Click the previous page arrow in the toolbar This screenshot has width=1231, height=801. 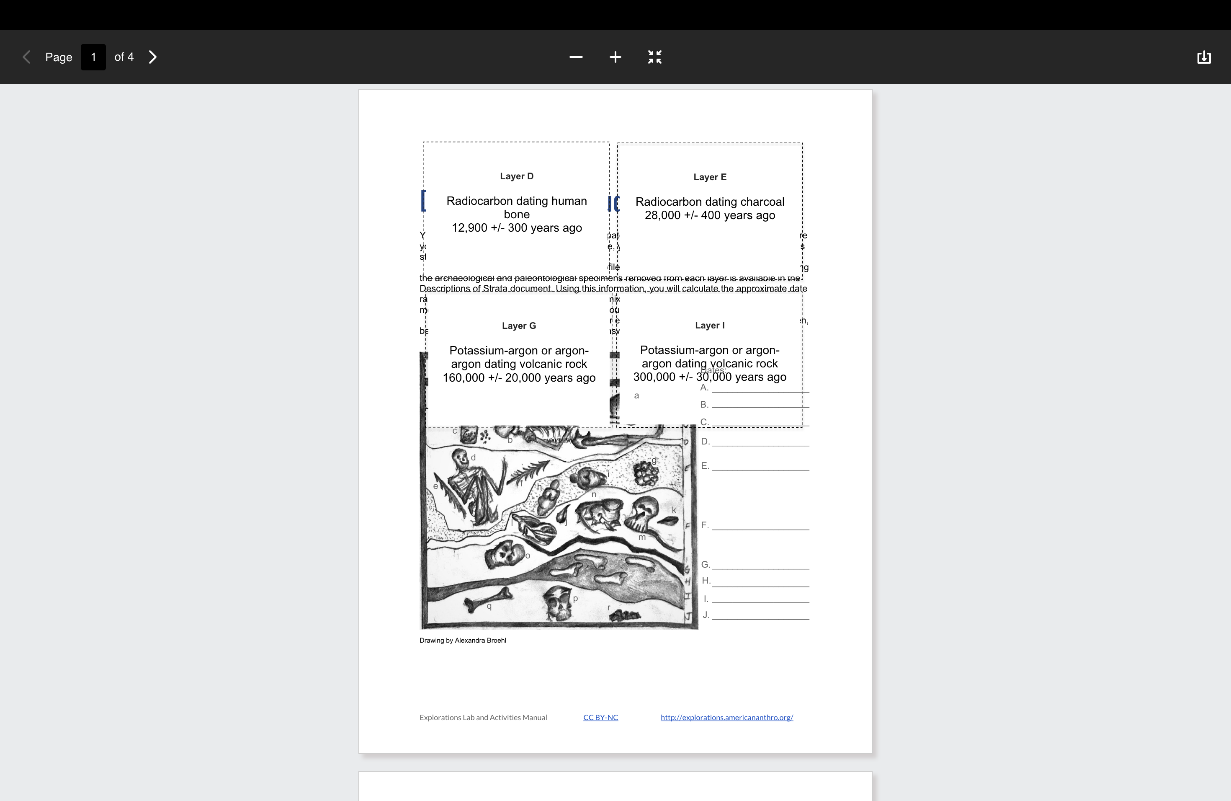(27, 57)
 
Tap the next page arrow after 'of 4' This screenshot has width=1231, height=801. (152, 57)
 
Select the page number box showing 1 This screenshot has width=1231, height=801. (93, 57)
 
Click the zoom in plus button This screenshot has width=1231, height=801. (615, 57)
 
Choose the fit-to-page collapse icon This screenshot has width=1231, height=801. (655, 57)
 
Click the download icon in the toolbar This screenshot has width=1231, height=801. (1204, 57)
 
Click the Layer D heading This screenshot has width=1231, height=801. (517, 176)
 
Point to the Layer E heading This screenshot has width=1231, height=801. (710, 177)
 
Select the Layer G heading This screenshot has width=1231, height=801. (519, 326)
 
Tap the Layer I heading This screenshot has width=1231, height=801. (710, 326)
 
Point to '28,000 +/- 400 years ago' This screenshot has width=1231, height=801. (710, 215)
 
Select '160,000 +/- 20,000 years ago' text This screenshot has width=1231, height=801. (519, 378)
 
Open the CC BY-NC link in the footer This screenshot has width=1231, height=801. (600, 718)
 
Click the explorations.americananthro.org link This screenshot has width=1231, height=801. (727, 718)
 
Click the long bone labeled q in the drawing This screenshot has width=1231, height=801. (486, 600)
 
